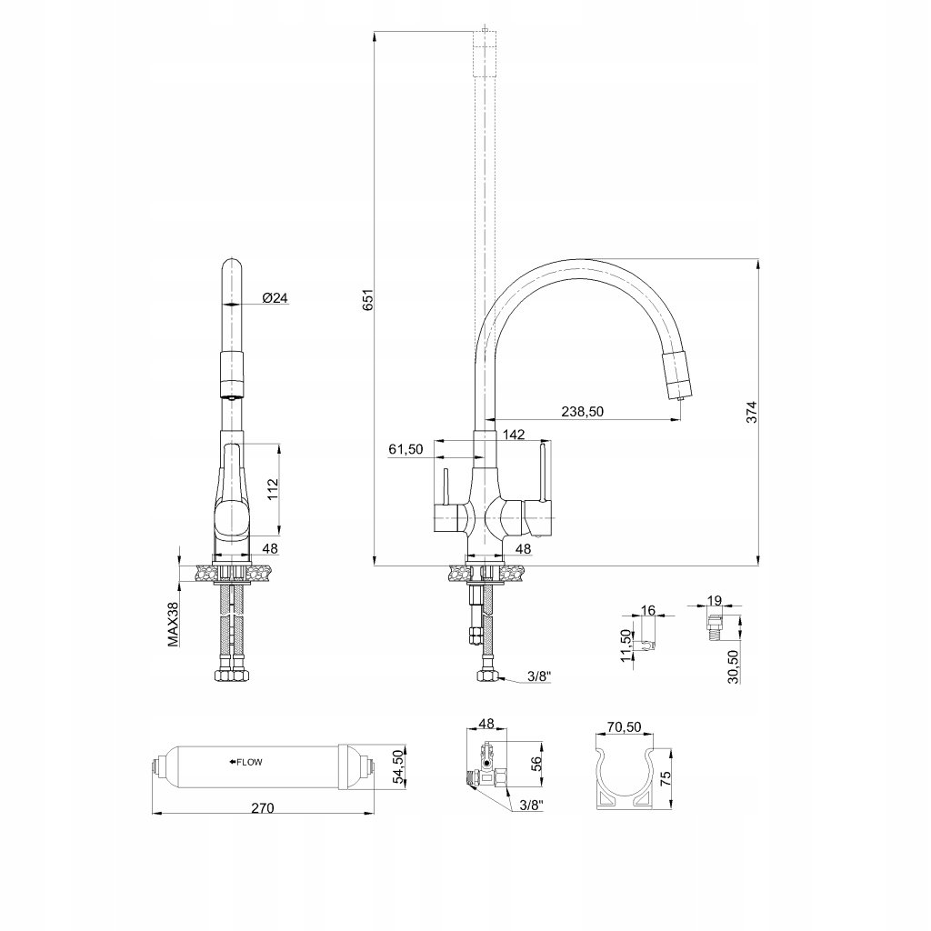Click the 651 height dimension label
point(368,300)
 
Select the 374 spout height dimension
point(752,412)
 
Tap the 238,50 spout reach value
point(582,412)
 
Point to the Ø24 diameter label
point(275,297)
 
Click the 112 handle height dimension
point(273,489)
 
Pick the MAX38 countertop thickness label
point(173,625)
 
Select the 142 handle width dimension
point(514,434)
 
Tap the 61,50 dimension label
point(406,449)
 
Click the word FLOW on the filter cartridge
point(249,763)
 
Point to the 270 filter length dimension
point(263,808)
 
